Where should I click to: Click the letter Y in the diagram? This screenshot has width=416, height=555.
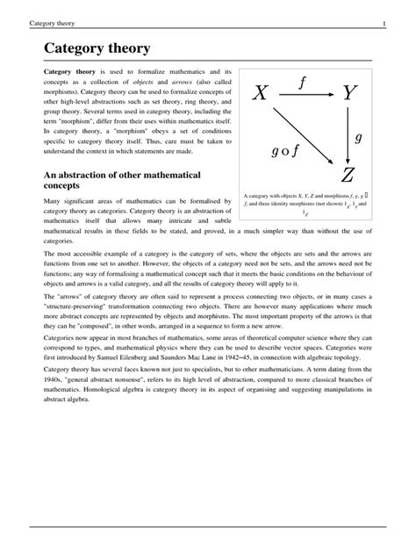click(x=350, y=93)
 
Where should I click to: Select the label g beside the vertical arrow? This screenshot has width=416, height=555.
click(x=358, y=137)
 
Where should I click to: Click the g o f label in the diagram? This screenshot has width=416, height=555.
click(x=287, y=150)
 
